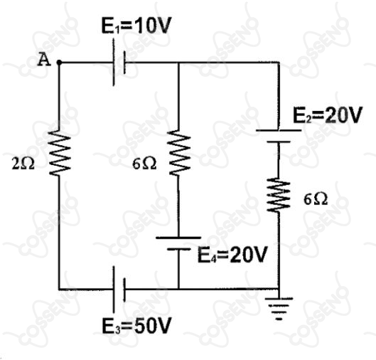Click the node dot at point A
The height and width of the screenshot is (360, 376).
[x=59, y=63]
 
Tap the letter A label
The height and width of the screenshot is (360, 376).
[x=44, y=60]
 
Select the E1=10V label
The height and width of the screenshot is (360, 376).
[x=136, y=25]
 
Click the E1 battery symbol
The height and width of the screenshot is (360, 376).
[x=119, y=63]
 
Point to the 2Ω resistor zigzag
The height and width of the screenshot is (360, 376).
[x=59, y=153]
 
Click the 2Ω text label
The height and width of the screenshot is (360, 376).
[x=23, y=164]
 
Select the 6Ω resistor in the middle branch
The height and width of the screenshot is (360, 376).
[x=179, y=153]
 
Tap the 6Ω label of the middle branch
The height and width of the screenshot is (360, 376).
[x=144, y=164]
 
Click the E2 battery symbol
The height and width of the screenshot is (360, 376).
[x=279, y=136]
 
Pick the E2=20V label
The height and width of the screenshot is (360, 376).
[x=327, y=115]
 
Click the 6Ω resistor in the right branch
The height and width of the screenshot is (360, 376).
[x=279, y=195]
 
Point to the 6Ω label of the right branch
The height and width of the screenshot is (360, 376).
[x=316, y=199]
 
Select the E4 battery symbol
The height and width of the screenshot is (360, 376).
[x=178, y=243]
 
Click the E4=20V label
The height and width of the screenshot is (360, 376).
[x=232, y=255]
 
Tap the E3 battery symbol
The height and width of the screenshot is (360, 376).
[x=119, y=289]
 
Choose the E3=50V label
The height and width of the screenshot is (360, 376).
[x=136, y=326]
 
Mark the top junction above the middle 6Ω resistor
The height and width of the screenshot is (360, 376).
[x=178, y=63]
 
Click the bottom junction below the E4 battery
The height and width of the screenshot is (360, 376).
[x=178, y=289]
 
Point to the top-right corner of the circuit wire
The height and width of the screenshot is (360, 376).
[x=279, y=63]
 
